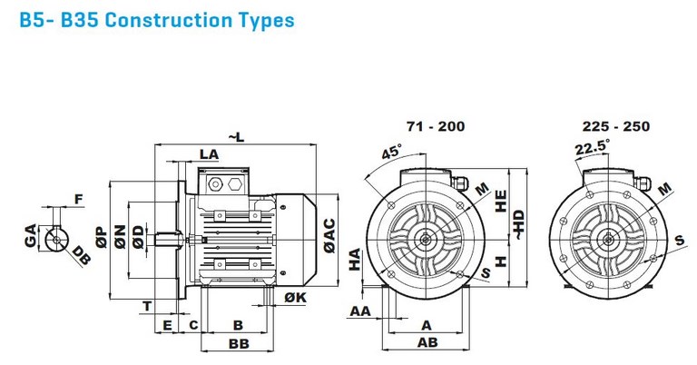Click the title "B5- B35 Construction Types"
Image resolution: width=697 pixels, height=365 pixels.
tap(157, 20)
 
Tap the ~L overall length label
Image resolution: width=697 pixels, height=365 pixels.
tap(237, 137)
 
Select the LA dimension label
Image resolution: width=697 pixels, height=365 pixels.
tap(209, 154)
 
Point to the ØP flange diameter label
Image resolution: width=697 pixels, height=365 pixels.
tap(102, 237)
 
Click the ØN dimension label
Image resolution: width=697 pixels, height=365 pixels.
tap(120, 237)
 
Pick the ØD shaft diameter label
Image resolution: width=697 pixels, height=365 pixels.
tap(139, 237)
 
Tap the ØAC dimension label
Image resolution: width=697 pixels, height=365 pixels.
tap(329, 236)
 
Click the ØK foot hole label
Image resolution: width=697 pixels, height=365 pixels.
tap(296, 297)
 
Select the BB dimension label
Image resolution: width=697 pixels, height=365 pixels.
tap(240, 343)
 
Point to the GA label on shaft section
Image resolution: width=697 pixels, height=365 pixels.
tap(30, 236)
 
